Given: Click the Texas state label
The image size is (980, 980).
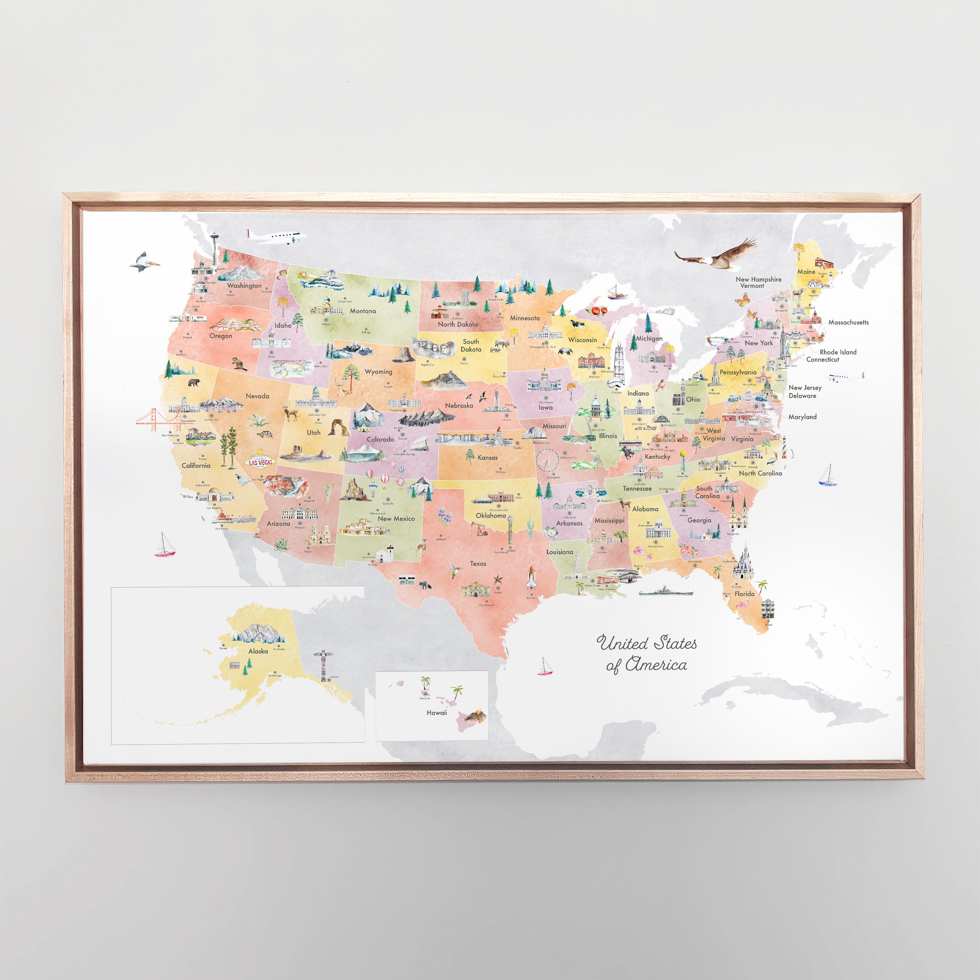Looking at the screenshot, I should click(478, 563).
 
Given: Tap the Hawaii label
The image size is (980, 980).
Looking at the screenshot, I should click(437, 713).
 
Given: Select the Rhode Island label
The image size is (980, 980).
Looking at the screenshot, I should click(838, 352).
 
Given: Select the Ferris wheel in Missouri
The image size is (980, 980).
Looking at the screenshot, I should click(547, 460).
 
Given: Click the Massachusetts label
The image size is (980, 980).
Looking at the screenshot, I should click(848, 322).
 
